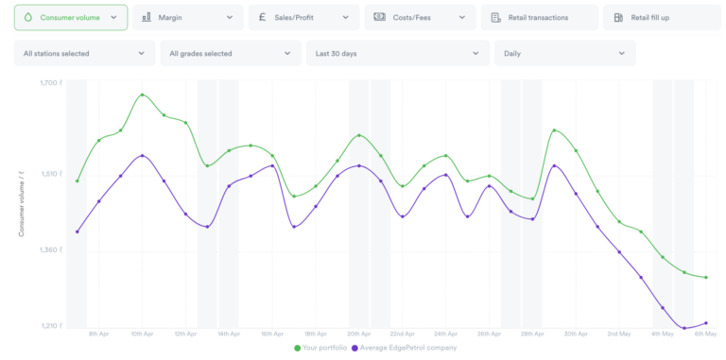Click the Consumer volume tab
[x=70, y=17]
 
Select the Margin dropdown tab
[x=186, y=17]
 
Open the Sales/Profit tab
[x=303, y=17]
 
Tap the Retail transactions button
[x=539, y=17]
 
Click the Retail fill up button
[x=657, y=17]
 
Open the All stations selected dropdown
[x=84, y=54]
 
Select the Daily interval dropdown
[x=564, y=54]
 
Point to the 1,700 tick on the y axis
[x=51, y=83]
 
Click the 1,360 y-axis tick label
[x=51, y=250]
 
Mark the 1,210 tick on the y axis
[x=51, y=327]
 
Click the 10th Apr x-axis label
[x=142, y=334]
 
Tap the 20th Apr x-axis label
[x=358, y=334]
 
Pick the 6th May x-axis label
[x=705, y=334]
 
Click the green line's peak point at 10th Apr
[x=142, y=94]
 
